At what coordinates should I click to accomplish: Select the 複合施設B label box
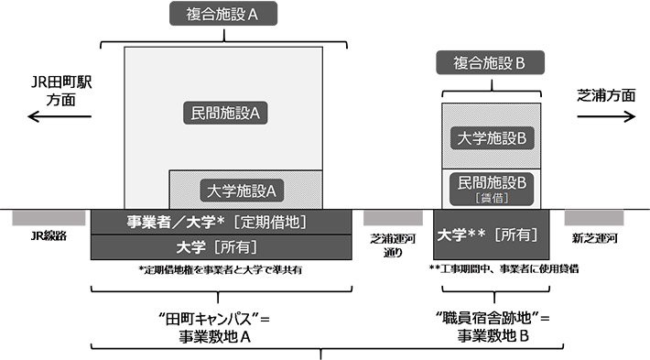tap(493, 63)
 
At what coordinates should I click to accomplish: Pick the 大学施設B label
tap(493, 137)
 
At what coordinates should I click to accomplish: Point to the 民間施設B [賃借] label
tap(493, 188)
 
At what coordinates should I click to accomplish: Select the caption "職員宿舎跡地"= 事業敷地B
tap(493, 327)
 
